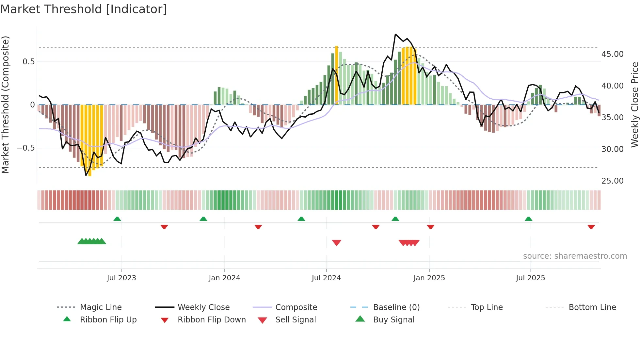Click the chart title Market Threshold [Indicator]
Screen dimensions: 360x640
(84, 9)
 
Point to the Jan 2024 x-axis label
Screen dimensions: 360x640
(224, 278)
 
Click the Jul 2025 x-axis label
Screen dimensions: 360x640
(530, 278)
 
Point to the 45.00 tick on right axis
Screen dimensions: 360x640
(612, 54)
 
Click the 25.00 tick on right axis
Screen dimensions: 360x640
(612, 181)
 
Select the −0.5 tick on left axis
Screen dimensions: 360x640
(26, 148)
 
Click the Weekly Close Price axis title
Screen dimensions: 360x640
(634, 105)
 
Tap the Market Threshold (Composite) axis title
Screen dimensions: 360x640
(5, 105)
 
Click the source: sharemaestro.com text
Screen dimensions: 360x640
(575, 256)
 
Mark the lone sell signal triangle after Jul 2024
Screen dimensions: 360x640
(336, 243)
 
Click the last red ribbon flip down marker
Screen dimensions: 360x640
(591, 227)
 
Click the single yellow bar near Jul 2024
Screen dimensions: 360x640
(336, 75)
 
